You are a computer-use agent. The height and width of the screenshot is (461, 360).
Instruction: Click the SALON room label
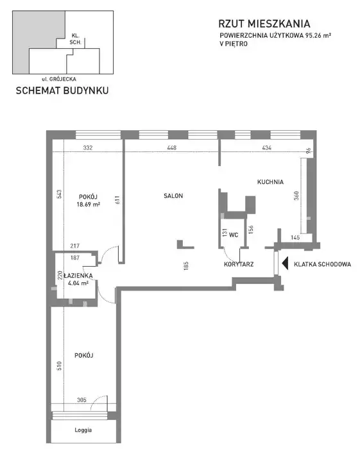point(173,196)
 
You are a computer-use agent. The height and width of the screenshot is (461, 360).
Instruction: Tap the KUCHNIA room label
point(270,182)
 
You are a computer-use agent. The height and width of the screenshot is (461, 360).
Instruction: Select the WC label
point(234,235)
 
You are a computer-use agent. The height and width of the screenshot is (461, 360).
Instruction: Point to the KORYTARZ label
point(239,264)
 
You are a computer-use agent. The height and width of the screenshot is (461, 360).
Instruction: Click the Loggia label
point(83,430)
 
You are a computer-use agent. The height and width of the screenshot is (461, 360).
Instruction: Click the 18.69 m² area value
point(89,205)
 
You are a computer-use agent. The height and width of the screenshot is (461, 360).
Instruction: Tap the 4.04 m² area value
point(78,283)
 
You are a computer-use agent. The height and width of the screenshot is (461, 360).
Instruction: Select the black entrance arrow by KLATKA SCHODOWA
point(285,264)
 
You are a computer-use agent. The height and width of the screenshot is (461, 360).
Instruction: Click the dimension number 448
point(171,147)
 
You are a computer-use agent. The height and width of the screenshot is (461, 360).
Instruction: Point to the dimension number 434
point(266,147)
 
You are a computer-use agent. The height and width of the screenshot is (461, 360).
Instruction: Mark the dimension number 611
point(117,200)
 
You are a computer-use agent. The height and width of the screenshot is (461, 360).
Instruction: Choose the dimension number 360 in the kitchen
point(296,196)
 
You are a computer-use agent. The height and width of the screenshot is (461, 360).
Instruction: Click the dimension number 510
point(59,365)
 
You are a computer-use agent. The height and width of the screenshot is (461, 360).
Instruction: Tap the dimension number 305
point(81,400)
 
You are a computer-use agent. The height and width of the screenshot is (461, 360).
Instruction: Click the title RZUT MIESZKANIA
point(264,24)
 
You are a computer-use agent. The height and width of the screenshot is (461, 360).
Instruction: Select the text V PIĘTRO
point(234,44)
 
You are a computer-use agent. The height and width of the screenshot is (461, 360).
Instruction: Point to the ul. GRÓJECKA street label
point(59,79)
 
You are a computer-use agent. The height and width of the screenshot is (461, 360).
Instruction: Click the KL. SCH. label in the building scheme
point(75,39)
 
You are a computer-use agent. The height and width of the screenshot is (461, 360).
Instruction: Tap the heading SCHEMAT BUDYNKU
point(62,90)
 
